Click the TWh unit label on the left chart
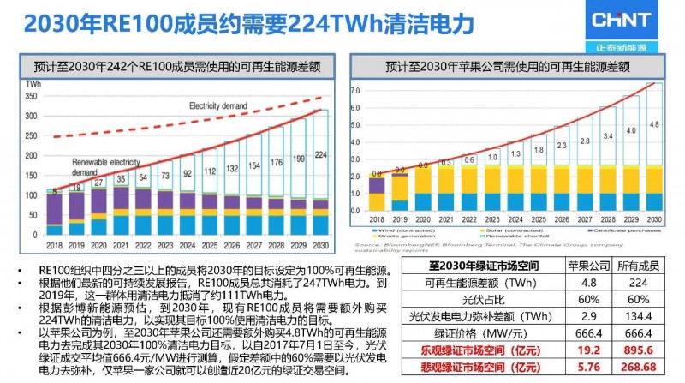click(35, 84)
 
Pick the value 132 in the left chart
click(231, 167)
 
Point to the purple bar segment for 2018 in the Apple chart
click(377, 185)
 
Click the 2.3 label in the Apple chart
click(562, 146)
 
